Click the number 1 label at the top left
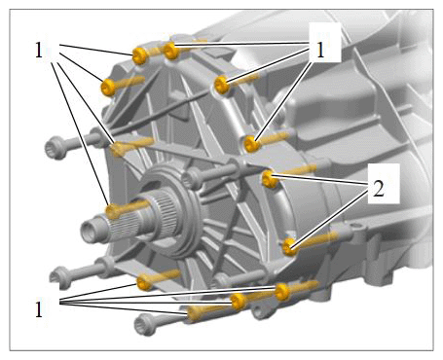pyautogui.click(x=39, y=51)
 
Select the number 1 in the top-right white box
pyautogui.click(x=320, y=51)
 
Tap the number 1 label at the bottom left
pyautogui.click(x=39, y=309)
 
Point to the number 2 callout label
pyautogui.click(x=379, y=189)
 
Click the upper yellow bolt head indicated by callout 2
pyautogui.click(x=270, y=179)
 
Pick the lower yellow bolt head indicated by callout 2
pyautogui.click(x=290, y=247)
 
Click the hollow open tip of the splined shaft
pyautogui.click(x=89, y=232)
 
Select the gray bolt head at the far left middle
pyautogui.click(x=55, y=148)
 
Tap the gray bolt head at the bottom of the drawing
pyautogui.click(x=144, y=324)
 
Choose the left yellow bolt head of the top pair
pyautogui.click(x=140, y=56)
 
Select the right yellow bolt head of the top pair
pyautogui.click(x=171, y=51)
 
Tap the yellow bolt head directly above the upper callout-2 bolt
pyautogui.click(x=252, y=144)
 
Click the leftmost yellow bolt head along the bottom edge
pyautogui.click(x=145, y=282)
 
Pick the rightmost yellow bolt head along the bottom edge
pyautogui.click(x=282, y=292)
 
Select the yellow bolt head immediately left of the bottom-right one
pyautogui.click(x=238, y=302)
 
